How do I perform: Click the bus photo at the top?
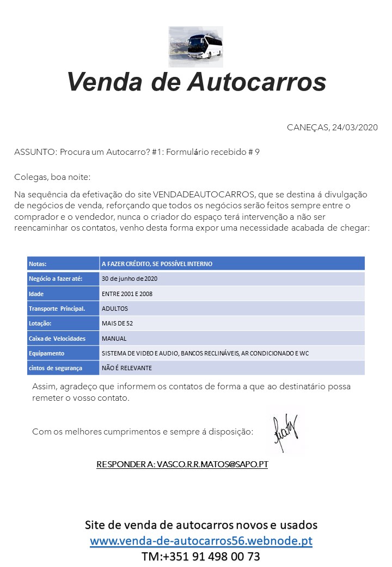pyautogui.click(x=195, y=46)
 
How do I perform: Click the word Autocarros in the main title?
pyautogui.click(x=256, y=82)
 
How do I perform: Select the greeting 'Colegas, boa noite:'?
pyautogui.click(x=52, y=177)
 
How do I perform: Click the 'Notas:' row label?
pyautogui.click(x=38, y=264)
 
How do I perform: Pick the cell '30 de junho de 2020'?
pyautogui.click(x=130, y=279)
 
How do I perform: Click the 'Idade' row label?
pyautogui.click(x=36, y=294)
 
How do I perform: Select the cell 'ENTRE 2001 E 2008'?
pyautogui.click(x=127, y=294)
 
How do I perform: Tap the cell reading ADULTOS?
pyautogui.click(x=115, y=309)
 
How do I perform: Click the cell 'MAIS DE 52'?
pyautogui.click(x=117, y=323)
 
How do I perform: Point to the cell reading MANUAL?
pyautogui.click(x=114, y=339)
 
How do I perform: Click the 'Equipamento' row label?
pyautogui.click(x=46, y=353)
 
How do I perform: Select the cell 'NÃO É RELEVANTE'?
pyautogui.click(x=127, y=368)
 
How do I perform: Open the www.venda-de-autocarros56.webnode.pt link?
pyautogui.click(x=201, y=541)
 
